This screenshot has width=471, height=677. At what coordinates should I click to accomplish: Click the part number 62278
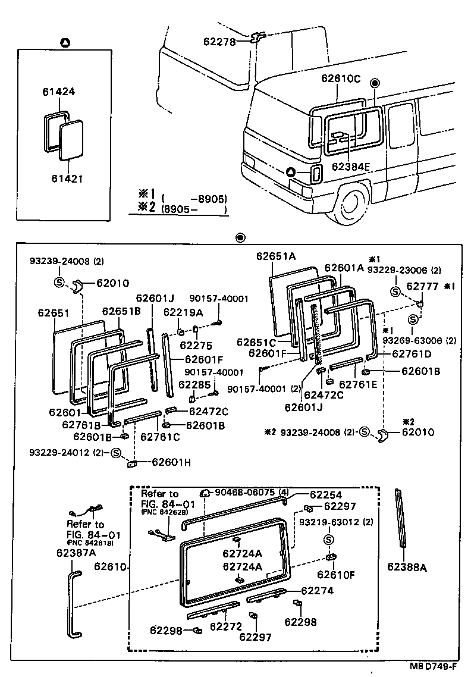pos(219,42)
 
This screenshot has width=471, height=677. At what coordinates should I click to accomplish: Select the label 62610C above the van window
pos(341,78)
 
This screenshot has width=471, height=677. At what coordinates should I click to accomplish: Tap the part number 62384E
pos(351,167)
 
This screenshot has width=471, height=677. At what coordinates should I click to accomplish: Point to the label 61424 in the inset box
pos(58,92)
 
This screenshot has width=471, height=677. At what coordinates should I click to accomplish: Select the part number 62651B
pos(121,311)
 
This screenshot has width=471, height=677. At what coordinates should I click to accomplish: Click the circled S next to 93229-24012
pos(116,453)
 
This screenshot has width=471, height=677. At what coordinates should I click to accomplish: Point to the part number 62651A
pos(276,256)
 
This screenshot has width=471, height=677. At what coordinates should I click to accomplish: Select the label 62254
pos(325,494)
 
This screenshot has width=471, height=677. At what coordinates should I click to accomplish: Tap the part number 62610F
pos(335,575)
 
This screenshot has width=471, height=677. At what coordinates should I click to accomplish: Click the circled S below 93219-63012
pos(327,540)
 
